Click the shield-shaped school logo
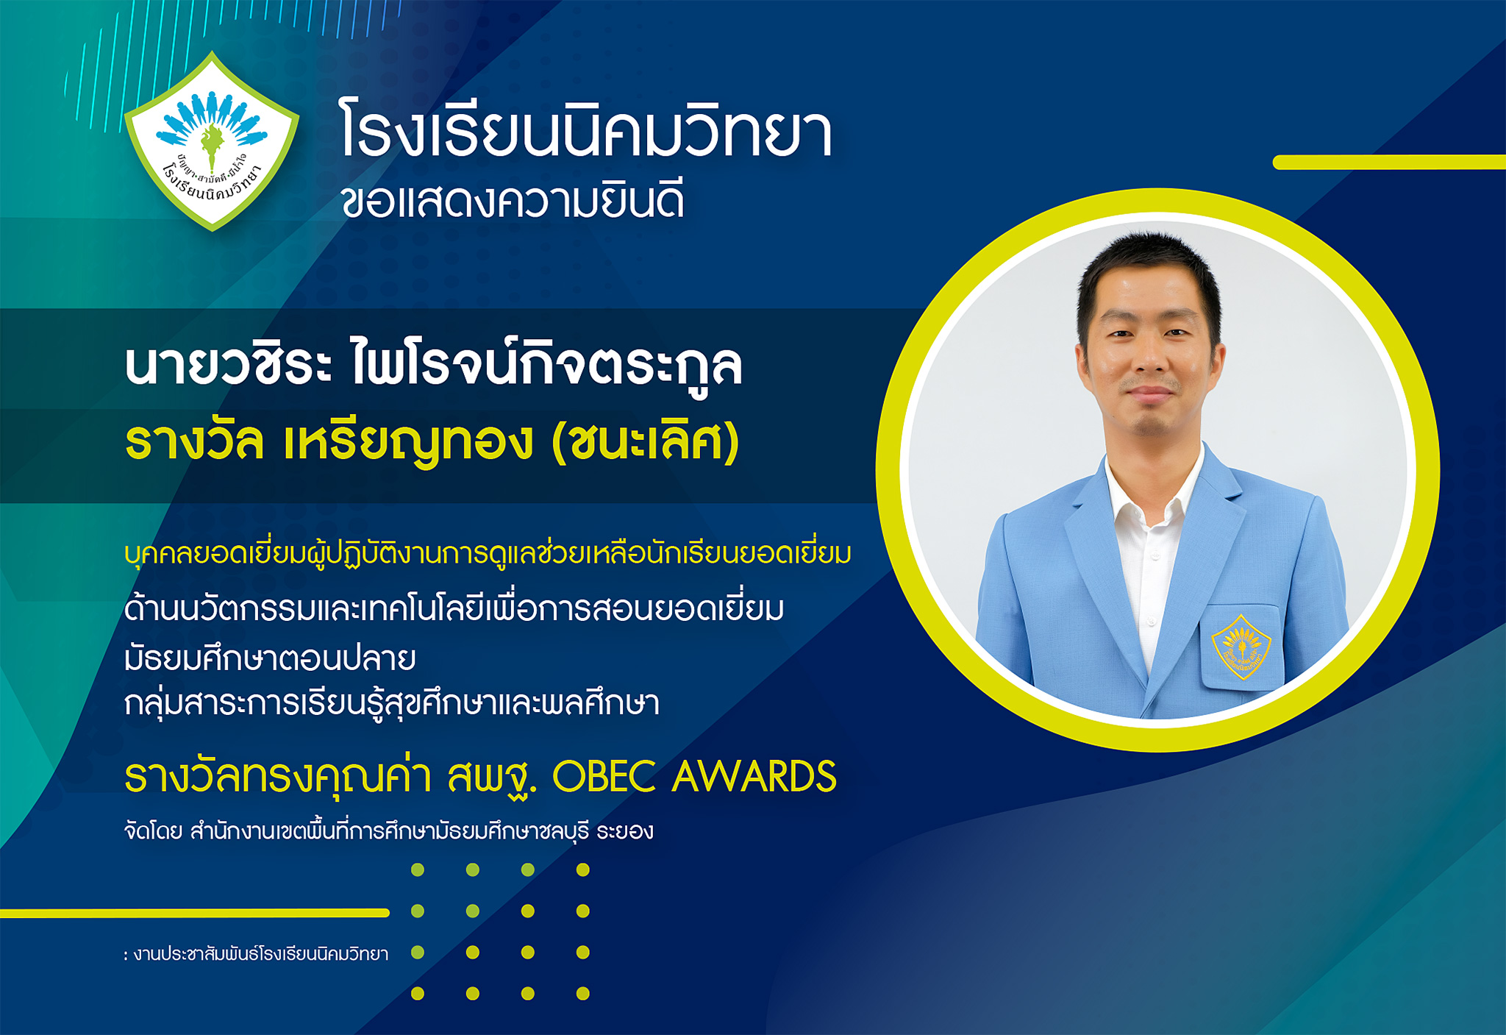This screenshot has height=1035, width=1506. pyautogui.click(x=213, y=141)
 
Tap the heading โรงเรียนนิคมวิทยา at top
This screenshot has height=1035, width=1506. pyautogui.click(x=586, y=130)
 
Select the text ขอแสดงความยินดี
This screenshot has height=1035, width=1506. pyautogui.click(x=513, y=201)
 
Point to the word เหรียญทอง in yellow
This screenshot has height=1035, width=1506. pyautogui.click(x=408, y=441)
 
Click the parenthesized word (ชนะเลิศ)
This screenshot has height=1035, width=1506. pyautogui.click(x=645, y=441)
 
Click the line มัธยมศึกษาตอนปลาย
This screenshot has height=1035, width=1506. pyautogui.click(x=270, y=657)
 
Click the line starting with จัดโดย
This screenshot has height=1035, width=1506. pyautogui.click(x=389, y=831)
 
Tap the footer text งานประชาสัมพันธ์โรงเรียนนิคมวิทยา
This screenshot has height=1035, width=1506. pyautogui.click(x=261, y=954)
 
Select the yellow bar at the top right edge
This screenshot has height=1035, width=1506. pyautogui.click(x=1389, y=163)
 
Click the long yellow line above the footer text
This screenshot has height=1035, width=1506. pyautogui.click(x=195, y=913)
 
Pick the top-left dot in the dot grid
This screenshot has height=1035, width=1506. pyautogui.click(x=418, y=870)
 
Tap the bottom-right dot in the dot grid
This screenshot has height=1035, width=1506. pyautogui.click(x=583, y=994)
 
